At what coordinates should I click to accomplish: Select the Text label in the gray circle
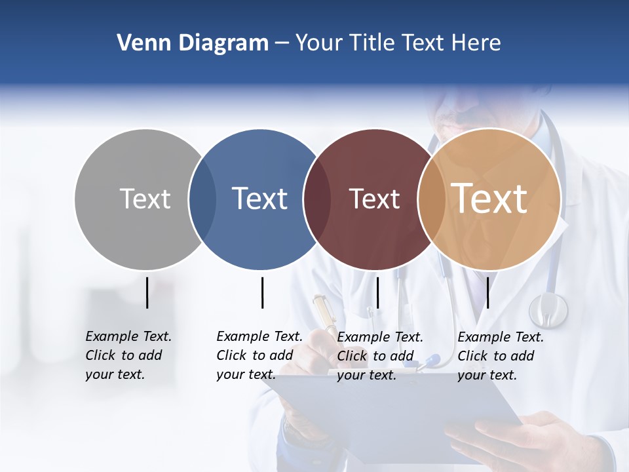point(145,199)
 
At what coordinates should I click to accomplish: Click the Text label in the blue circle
point(260,199)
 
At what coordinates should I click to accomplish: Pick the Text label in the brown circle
point(374,199)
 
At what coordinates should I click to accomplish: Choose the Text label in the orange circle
point(489,198)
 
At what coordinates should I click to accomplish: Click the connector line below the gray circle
point(147,292)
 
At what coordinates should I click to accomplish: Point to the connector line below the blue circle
point(262,292)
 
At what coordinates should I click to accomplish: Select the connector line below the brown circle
point(377,292)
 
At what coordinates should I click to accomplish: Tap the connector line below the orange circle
point(487,292)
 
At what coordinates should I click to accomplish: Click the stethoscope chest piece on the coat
point(548,309)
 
